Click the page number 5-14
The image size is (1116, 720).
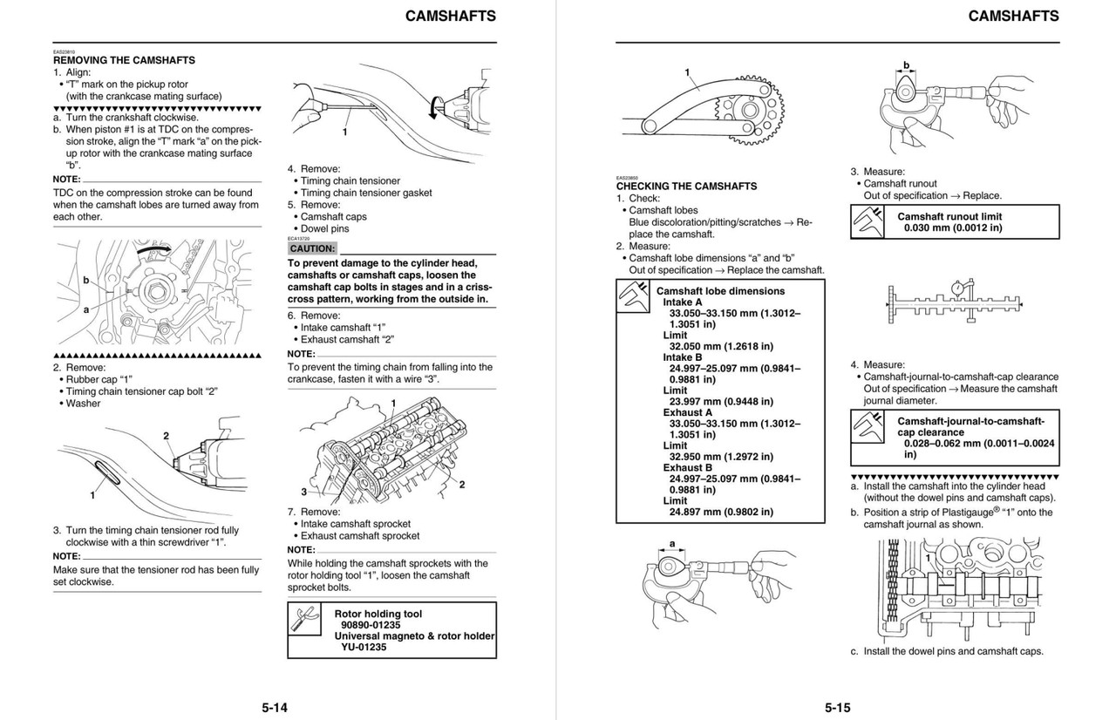275,707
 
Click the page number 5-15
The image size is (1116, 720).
837,707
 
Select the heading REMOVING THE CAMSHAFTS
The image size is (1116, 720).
124,60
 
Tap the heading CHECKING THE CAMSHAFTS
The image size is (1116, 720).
686,186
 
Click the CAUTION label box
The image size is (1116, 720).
312,248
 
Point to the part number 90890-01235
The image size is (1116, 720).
371,625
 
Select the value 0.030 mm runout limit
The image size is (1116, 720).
953,228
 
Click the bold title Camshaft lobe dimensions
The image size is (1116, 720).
720,291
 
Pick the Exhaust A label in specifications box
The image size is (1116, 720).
687,412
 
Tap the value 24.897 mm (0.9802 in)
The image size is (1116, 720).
721,512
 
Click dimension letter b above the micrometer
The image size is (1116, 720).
906,65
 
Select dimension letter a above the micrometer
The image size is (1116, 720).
672,543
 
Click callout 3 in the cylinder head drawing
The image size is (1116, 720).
304,492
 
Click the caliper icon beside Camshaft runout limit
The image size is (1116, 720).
869,221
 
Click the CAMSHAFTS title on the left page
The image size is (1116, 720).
451,16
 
